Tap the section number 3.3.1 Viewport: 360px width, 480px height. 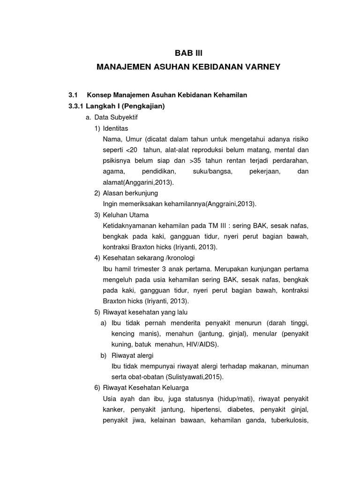[78, 106]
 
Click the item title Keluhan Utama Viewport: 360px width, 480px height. [125, 215]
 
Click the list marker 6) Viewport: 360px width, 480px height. [97, 388]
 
